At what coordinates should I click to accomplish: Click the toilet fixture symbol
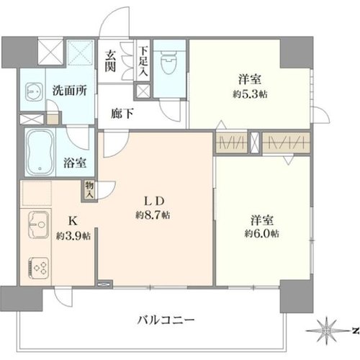[x=169, y=61]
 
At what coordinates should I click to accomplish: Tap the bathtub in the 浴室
[x=40, y=153]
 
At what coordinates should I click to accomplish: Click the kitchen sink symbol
[x=39, y=225]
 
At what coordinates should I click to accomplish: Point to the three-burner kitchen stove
[x=39, y=269]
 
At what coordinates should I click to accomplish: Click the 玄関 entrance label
[x=110, y=62]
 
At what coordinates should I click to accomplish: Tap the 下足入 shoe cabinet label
[x=143, y=61]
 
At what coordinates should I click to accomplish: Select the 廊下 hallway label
[x=122, y=114]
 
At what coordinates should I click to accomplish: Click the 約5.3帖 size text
[x=250, y=94]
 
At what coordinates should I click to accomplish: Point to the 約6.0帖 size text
[x=262, y=233]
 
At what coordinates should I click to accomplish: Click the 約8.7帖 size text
[x=153, y=215]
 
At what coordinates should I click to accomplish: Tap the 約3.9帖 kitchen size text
[x=73, y=236]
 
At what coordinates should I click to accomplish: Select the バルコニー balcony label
[x=166, y=320]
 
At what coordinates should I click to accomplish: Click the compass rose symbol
[x=326, y=331]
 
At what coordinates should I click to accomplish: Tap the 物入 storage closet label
[x=89, y=189]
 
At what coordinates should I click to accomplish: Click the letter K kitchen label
[x=73, y=221]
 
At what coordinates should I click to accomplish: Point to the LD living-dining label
[x=154, y=201]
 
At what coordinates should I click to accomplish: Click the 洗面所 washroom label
[x=70, y=91]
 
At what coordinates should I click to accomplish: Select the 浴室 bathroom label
[x=75, y=163]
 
